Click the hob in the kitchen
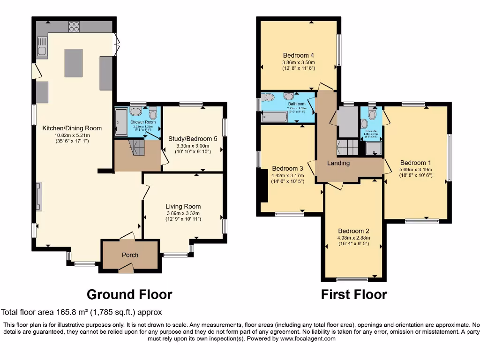point(74,27)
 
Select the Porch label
point(130,255)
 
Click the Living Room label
point(183,206)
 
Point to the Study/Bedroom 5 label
point(193,139)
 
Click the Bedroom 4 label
point(298,55)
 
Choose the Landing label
point(338,163)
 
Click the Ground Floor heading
point(129,294)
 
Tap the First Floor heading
point(354,294)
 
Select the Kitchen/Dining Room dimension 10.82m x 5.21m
point(72,135)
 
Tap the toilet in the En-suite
point(372,114)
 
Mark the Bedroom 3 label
point(287,169)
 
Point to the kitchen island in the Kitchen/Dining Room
point(74,63)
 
